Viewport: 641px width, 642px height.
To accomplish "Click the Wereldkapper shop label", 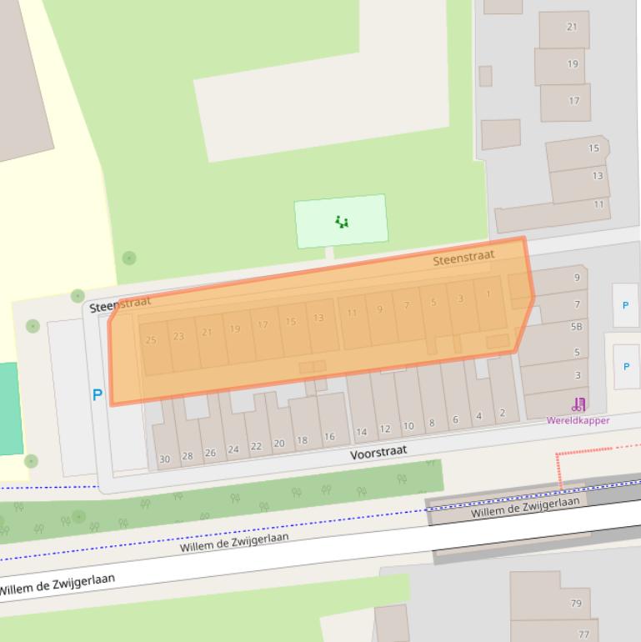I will (578, 420).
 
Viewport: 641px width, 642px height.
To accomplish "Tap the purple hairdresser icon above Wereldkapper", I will (578, 405).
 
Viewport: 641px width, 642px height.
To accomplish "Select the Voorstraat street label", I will (378, 452).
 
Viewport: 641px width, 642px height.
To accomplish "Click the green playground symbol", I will (341, 222).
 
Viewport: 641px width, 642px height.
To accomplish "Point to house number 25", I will (151, 340).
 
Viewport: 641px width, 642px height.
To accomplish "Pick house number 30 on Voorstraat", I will (164, 459).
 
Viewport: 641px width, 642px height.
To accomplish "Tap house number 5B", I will (576, 327).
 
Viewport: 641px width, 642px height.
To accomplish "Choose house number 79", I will (576, 603).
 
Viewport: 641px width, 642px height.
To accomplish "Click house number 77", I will (583, 634).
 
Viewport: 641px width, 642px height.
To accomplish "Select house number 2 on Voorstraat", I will (503, 413).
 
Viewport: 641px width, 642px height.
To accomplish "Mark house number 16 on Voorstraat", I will (329, 437).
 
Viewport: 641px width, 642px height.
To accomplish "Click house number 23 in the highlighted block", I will (178, 336).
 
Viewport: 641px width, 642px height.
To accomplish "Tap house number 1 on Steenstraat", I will (488, 293).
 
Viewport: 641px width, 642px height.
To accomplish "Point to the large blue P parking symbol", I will (98, 395).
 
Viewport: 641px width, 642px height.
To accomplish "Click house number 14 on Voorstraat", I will (361, 432).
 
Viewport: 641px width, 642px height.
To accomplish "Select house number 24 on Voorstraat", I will (233, 449).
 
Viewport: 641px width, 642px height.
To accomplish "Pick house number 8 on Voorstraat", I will (432, 423).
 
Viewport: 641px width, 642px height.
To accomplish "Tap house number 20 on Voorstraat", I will (279, 444).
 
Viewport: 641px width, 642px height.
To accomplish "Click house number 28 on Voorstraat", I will (188, 456).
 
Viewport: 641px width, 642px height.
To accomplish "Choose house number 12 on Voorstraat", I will (384, 429).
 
